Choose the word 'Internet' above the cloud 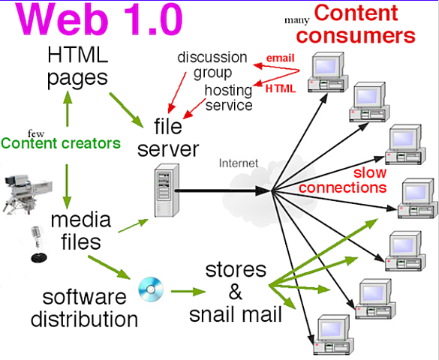(x=239, y=162)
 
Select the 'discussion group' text (x=212, y=66)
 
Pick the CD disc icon (x=150, y=288)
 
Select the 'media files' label (x=81, y=231)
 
